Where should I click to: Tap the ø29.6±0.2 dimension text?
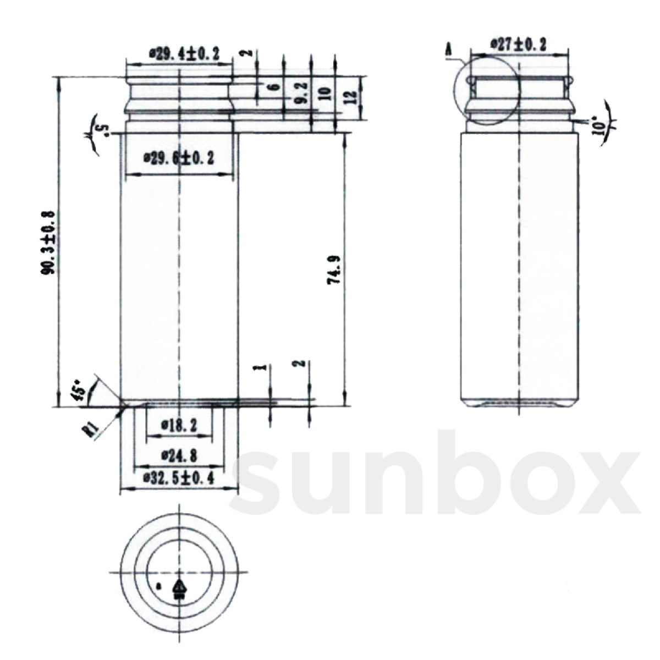pyautogui.click(x=179, y=158)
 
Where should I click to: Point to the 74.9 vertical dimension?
pyautogui.click(x=334, y=269)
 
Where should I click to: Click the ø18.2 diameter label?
pyautogui.click(x=179, y=425)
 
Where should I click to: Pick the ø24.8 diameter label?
pyautogui.click(x=179, y=455)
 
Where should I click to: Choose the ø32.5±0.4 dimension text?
pyautogui.click(x=179, y=478)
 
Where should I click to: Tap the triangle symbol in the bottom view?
pyautogui.click(x=179, y=587)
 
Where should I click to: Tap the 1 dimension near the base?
pyautogui.click(x=263, y=367)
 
